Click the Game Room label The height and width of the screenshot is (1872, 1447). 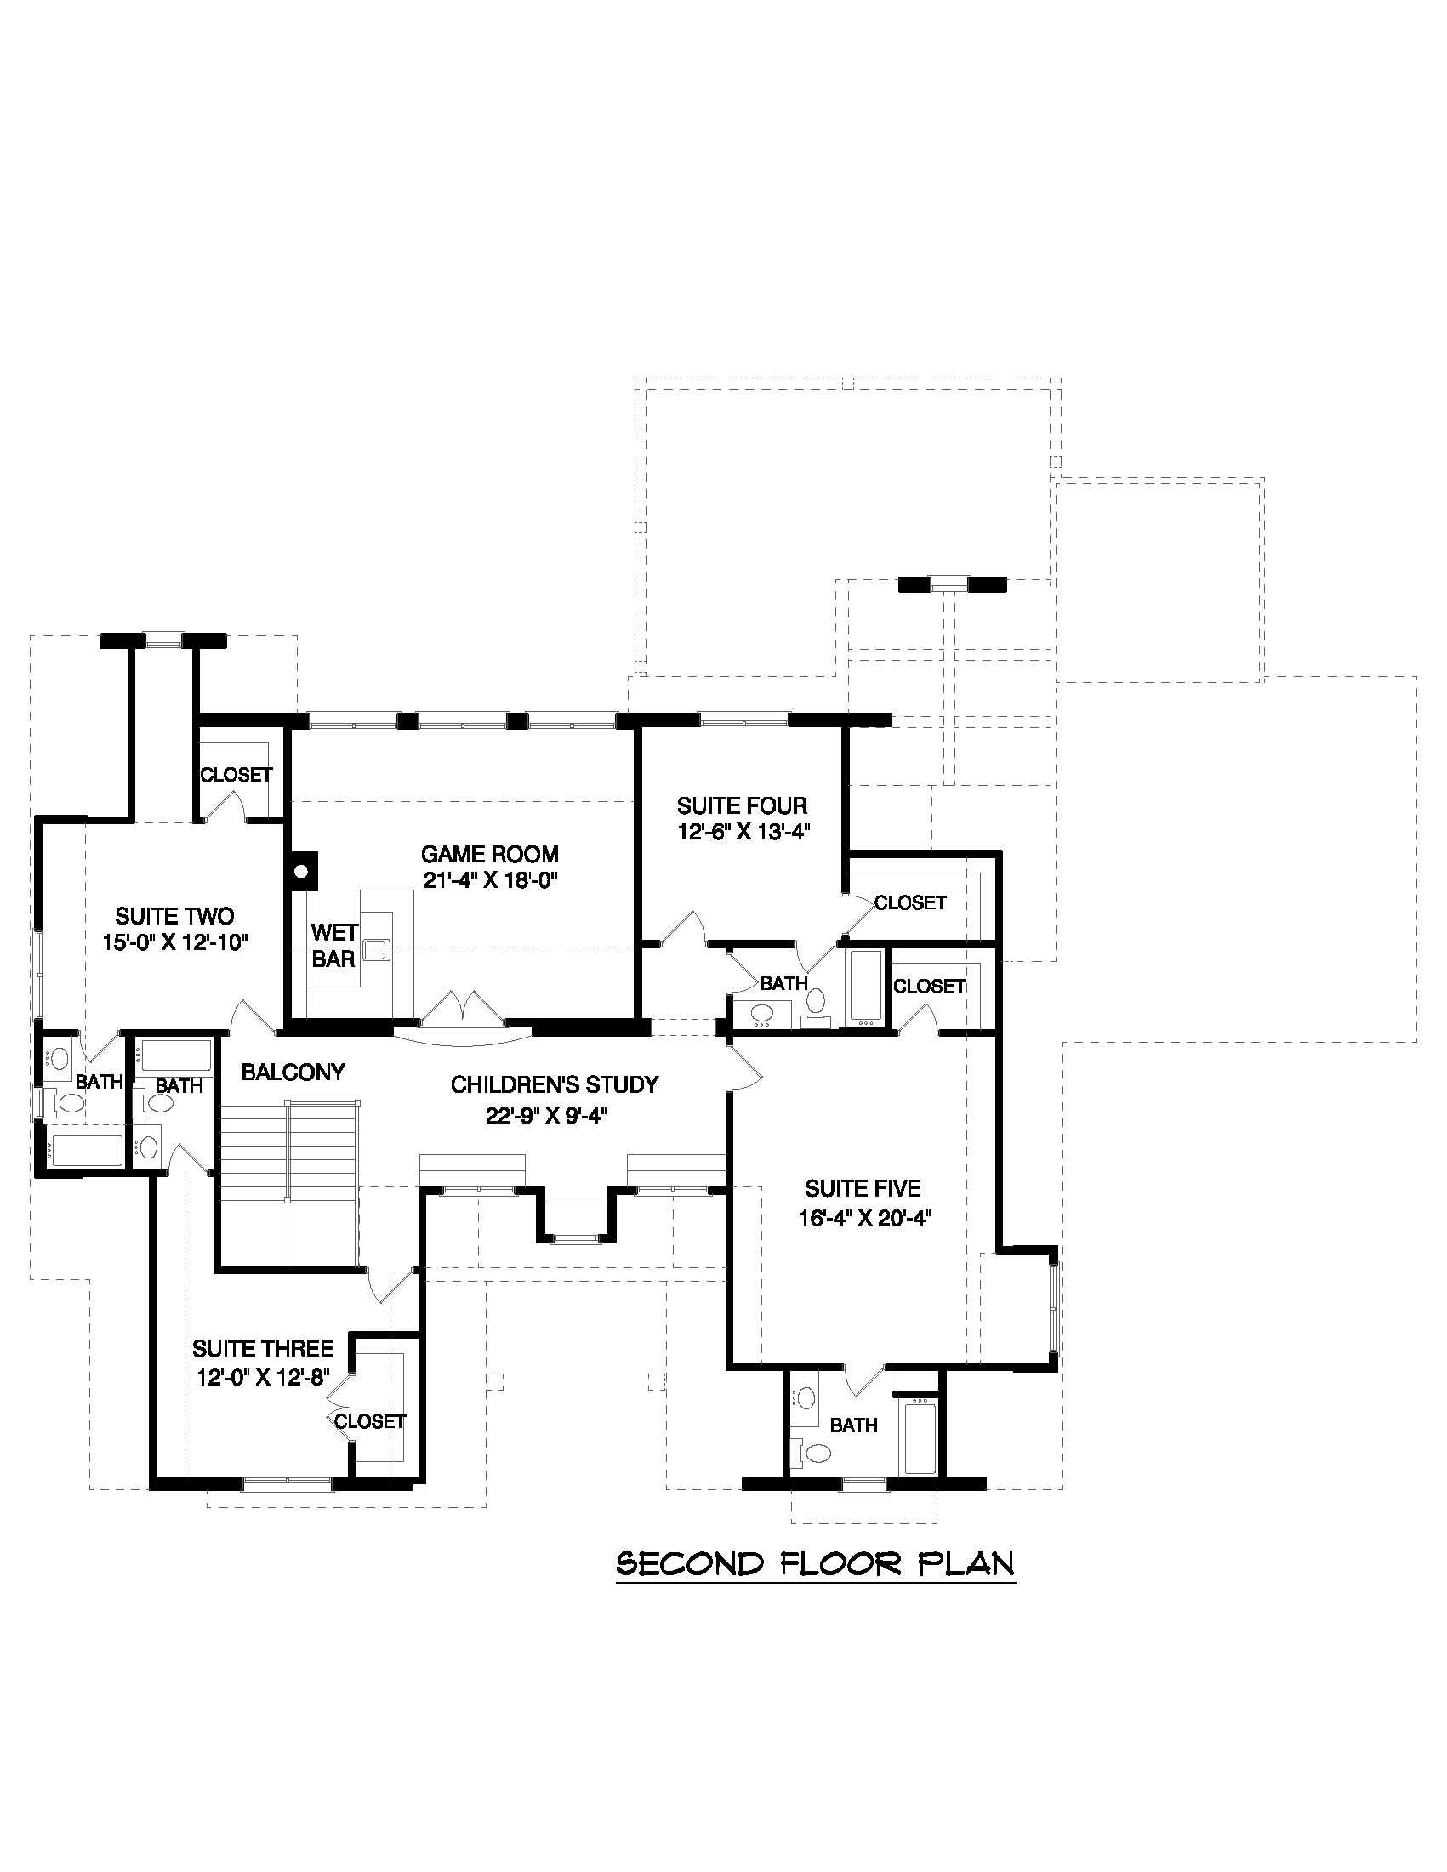(488, 854)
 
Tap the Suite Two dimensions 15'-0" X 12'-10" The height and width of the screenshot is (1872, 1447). (175, 943)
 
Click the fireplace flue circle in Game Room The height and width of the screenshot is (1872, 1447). (301, 872)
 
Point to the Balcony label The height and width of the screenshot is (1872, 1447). (293, 1072)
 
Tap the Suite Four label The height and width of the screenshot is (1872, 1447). (742, 805)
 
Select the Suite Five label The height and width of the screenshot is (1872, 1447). (863, 1188)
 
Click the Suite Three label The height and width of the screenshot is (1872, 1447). (262, 1349)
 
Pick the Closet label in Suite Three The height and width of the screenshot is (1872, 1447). (369, 1421)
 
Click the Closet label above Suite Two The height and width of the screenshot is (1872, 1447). (236, 775)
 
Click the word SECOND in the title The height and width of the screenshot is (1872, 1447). (690, 1563)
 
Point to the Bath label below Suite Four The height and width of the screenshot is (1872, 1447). (783, 983)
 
